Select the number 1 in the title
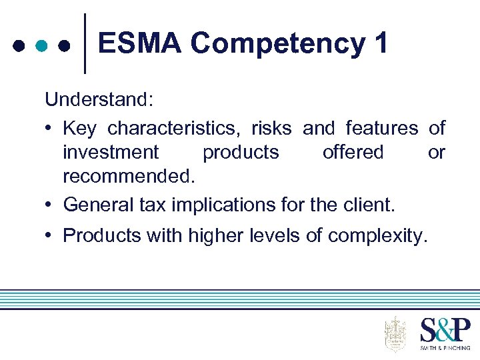point(381,44)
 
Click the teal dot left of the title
point(41,46)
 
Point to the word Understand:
point(99,100)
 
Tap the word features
point(381,127)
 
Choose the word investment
point(111,152)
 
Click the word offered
point(353,152)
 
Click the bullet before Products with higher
point(50,235)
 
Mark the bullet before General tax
point(50,204)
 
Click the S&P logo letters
point(445,331)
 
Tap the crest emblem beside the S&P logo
point(395,333)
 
